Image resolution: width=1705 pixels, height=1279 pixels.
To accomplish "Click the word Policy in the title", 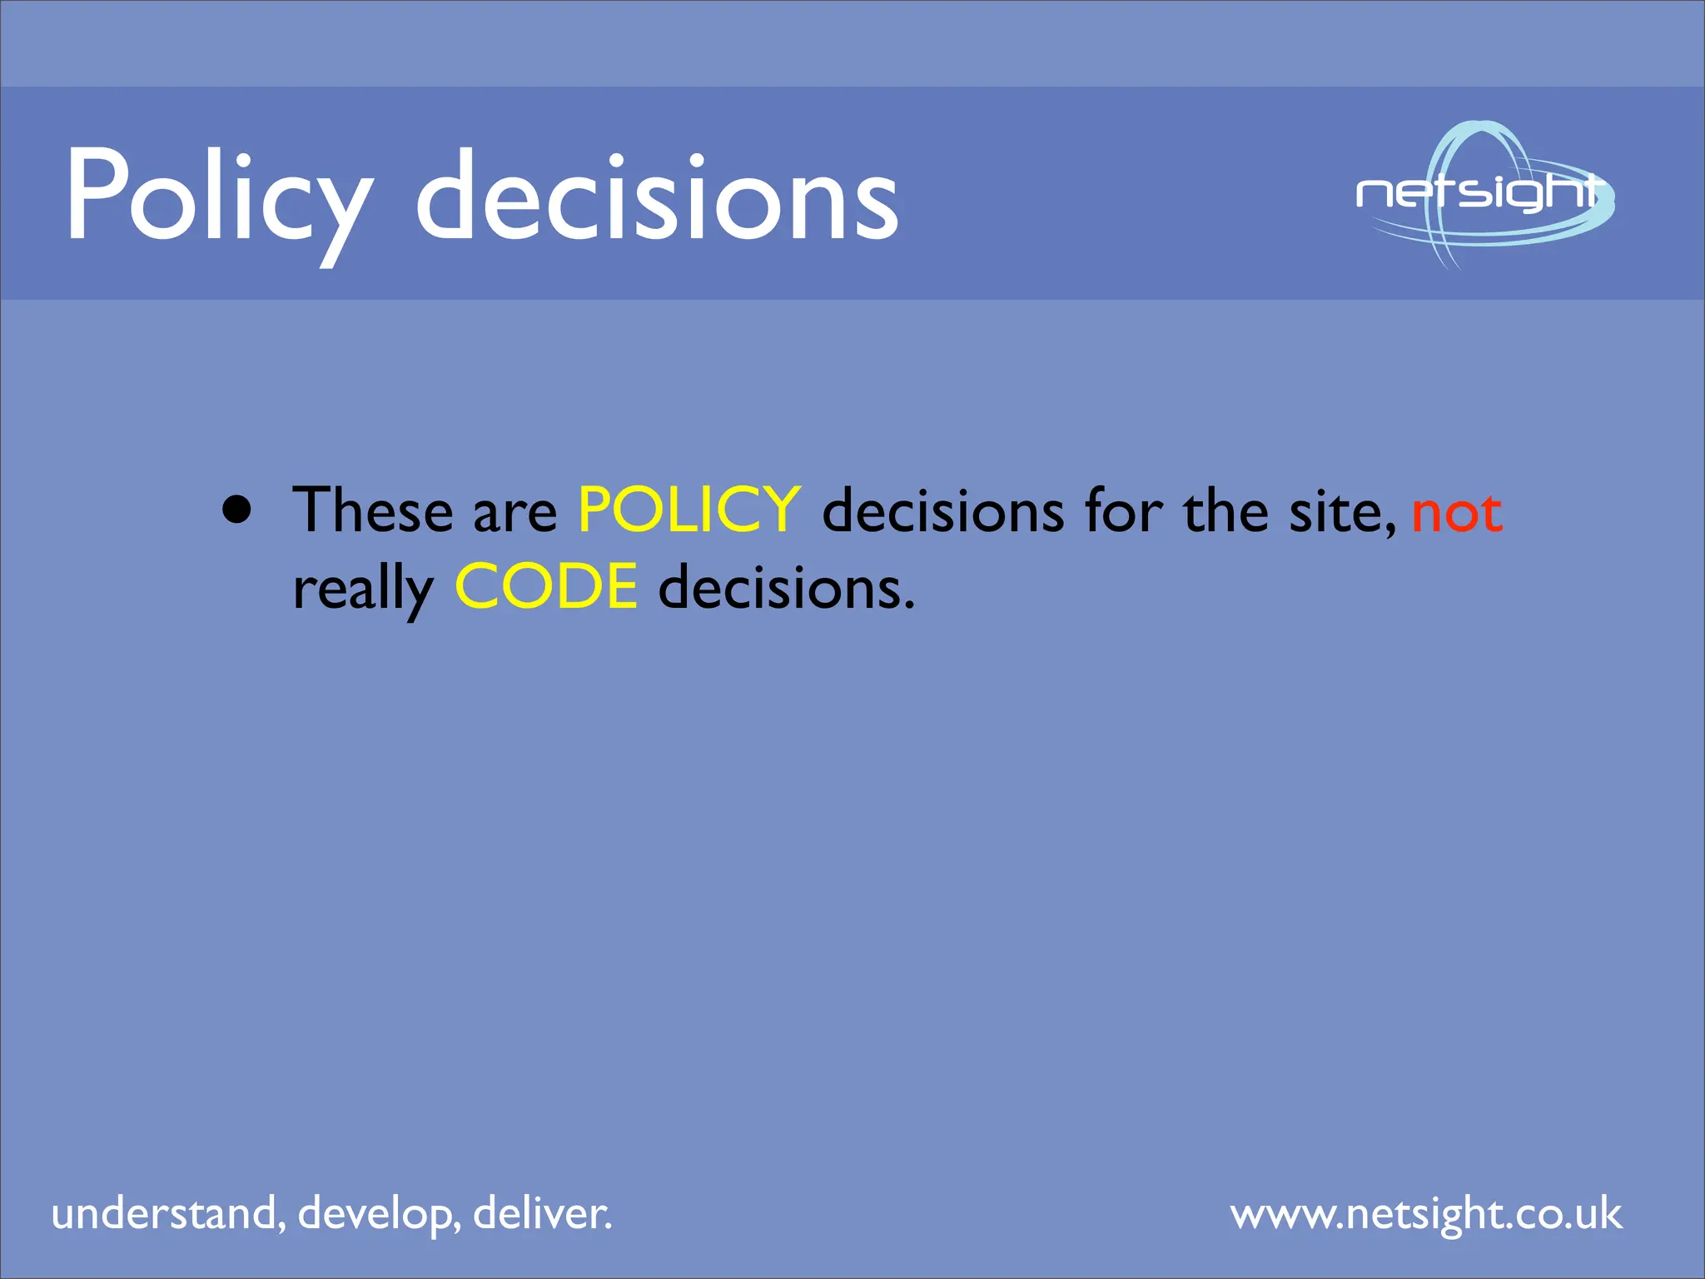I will [218, 197].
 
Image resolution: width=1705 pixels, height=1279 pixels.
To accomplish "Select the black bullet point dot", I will [237, 509].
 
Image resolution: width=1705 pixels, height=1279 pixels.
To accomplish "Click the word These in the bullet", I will [373, 510].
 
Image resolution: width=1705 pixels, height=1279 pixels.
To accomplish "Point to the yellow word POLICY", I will [688, 510].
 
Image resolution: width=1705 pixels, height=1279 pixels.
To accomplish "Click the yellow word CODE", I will [546, 586].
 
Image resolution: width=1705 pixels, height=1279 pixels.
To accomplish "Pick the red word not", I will [1457, 513].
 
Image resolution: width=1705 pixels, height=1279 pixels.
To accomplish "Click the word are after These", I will [515, 513].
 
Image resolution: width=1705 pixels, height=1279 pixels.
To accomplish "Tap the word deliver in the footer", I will [542, 1213].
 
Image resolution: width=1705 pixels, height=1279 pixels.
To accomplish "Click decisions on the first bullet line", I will [942, 510].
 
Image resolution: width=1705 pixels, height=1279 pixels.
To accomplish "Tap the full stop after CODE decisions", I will [909, 606].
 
